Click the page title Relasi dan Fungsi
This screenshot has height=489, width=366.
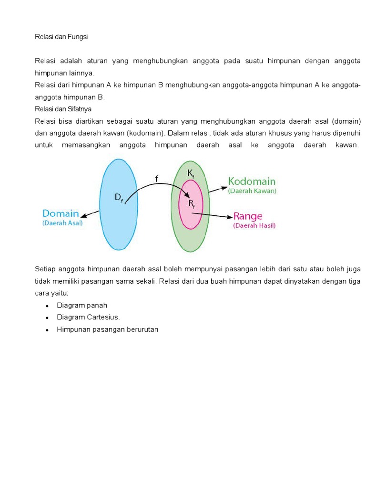pyautogui.click(x=61, y=37)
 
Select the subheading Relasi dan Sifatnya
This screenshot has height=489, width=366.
pyautogui.click(x=63, y=109)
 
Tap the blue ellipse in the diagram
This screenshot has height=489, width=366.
pyautogui.click(x=118, y=224)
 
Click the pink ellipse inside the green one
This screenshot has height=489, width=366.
pyautogui.click(x=191, y=217)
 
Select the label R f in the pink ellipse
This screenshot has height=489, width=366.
pyautogui.click(x=191, y=204)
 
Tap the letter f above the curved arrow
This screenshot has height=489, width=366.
pyautogui.click(x=156, y=179)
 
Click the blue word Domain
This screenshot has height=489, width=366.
pyautogui.click(x=61, y=213)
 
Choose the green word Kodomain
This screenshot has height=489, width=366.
pyautogui.click(x=252, y=181)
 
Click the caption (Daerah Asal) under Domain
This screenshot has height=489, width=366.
pyautogui.click(x=62, y=223)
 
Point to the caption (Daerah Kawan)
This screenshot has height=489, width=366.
pyautogui.click(x=252, y=191)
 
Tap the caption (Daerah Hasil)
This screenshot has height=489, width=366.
pyautogui.click(x=254, y=226)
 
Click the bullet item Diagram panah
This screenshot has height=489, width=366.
pyautogui.click(x=82, y=305)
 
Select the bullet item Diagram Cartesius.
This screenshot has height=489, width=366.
pyautogui.click(x=88, y=317)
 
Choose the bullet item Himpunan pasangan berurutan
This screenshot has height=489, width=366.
pyautogui.click(x=107, y=329)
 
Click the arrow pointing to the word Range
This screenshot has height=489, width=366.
pyautogui.click(x=212, y=216)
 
